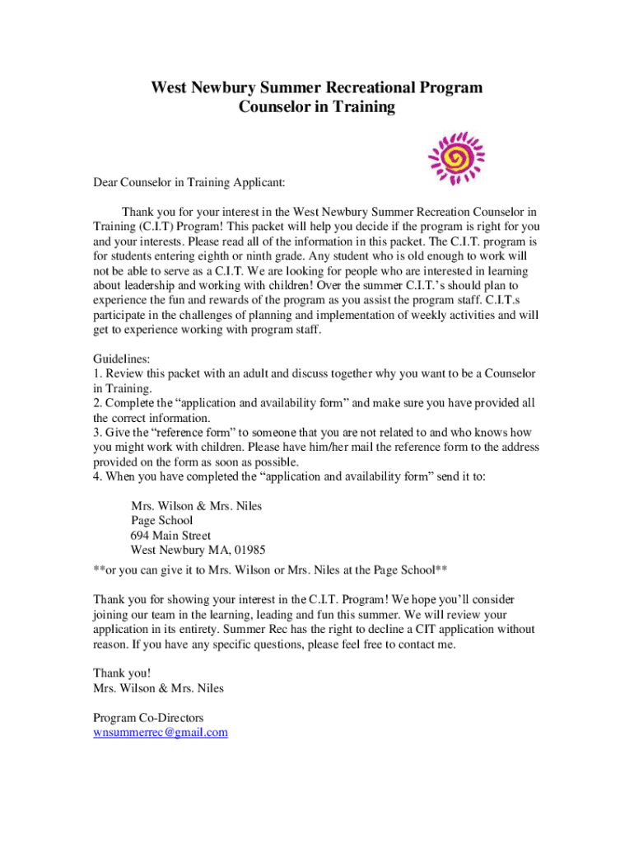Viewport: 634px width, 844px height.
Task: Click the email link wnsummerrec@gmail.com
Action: click(161, 732)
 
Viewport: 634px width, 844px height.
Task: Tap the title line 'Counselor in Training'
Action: click(317, 107)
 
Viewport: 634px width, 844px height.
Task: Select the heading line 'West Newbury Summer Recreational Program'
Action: click(317, 87)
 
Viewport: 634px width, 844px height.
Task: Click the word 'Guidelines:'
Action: click(122, 359)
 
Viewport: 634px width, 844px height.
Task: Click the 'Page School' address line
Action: click(162, 520)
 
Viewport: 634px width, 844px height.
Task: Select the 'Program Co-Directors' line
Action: click(148, 718)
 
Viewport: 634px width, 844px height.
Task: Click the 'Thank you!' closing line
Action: click(122, 673)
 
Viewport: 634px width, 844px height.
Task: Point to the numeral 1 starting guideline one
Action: click(96, 374)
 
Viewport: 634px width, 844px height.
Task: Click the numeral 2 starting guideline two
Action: click(96, 403)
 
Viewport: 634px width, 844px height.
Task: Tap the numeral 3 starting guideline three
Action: click(96, 433)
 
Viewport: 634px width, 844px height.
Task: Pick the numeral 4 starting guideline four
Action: click(96, 476)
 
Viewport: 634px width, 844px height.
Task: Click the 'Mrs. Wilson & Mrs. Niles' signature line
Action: click(158, 688)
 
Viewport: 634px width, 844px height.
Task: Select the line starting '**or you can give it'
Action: click(270, 570)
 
